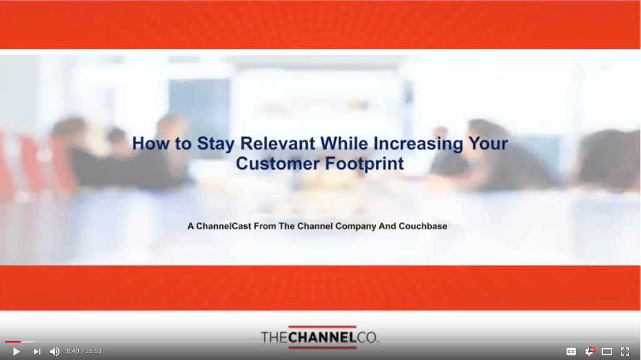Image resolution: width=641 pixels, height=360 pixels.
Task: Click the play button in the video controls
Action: pyautogui.click(x=16, y=351)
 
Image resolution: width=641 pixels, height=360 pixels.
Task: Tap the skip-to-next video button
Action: pyautogui.click(x=37, y=351)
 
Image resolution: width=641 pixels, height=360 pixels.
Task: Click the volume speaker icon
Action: pyautogui.click(x=55, y=351)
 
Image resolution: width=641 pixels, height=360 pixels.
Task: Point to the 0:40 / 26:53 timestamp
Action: pyautogui.click(x=84, y=351)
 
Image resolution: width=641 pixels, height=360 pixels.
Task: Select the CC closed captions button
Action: pyautogui.click(x=571, y=351)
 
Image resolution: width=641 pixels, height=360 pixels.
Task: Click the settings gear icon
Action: pyautogui.click(x=590, y=351)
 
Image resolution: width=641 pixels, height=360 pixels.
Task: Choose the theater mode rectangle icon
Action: pyautogui.click(x=607, y=351)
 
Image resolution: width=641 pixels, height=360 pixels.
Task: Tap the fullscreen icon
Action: pyautogui.click(x=625, y=351)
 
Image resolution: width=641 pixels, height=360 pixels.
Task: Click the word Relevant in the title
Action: pyautogui.click(x=277, y=143)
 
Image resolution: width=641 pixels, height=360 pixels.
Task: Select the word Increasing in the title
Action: pyautogui.click(x=418, y=144)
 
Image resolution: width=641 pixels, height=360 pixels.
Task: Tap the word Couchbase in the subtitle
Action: pyautogui.click(x=423, y=226)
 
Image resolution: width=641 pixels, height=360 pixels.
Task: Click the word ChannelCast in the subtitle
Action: pyautogui.click(x=223, y=226)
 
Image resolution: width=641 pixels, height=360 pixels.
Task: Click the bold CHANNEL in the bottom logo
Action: pyautogui.click(x=321, y=337)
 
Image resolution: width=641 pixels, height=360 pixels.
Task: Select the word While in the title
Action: pyautogui.click(x=344, y=143)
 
